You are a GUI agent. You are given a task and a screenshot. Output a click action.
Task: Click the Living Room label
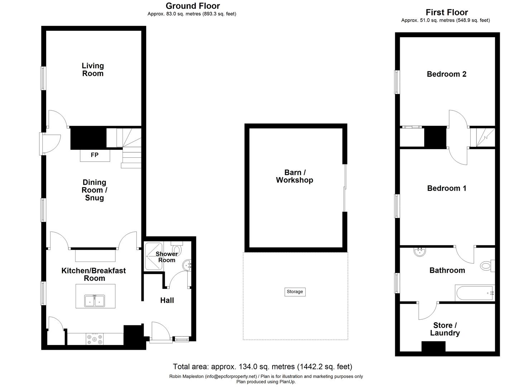tap(93, 70)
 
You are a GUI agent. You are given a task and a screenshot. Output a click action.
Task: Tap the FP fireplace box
tap(95, 155)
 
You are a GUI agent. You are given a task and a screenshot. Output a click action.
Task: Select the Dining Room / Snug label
tap(94, 190)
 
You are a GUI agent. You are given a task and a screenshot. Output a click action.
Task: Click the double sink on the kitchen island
tap(95, 301)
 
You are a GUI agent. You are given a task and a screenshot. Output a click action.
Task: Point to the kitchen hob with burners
tap(94, 339)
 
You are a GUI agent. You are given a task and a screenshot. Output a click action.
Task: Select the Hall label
tap(167, 300)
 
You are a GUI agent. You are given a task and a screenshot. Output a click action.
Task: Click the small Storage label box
tap(295, 292)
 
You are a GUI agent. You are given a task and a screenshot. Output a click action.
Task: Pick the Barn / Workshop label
tap(294, 176)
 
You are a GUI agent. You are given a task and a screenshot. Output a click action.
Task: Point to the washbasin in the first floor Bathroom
tap(420, 252)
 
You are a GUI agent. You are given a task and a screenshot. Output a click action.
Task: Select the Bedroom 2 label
tap(446, 74)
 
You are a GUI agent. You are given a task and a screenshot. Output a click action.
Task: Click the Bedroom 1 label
tap(447, 188)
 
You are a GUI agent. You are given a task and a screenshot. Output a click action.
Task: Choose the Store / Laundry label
tap(445, 329)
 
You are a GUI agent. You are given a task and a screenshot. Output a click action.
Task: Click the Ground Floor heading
tap(193, 6)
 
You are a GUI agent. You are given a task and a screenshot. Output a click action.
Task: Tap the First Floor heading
tap(447, 12)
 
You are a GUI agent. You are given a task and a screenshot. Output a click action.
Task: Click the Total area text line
tap(262, 367)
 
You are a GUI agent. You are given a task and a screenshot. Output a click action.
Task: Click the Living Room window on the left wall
tap(43, 78)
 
